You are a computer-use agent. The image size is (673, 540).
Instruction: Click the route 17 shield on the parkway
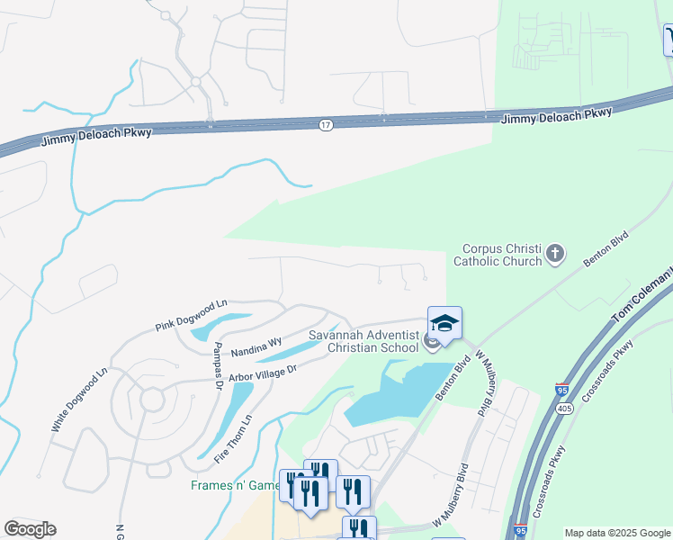[x=325, y=125]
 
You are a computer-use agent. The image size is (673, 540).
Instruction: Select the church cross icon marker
[x=555, y=254]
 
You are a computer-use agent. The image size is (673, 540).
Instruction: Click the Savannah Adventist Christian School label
[x=363, y=341]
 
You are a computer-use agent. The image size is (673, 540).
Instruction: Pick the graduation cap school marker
[x=444, y=322]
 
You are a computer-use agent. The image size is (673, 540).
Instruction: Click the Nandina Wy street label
[x=256, y=343]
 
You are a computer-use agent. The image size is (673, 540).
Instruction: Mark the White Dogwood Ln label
[x=79, y=400]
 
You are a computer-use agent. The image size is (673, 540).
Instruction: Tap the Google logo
[x=30, y=529]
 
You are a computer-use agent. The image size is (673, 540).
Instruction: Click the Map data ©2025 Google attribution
[x=616, y=533]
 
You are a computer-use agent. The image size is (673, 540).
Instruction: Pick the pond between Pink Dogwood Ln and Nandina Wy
[x=220, y=325]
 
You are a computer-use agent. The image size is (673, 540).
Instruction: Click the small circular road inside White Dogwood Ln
[x=151, y=399]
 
